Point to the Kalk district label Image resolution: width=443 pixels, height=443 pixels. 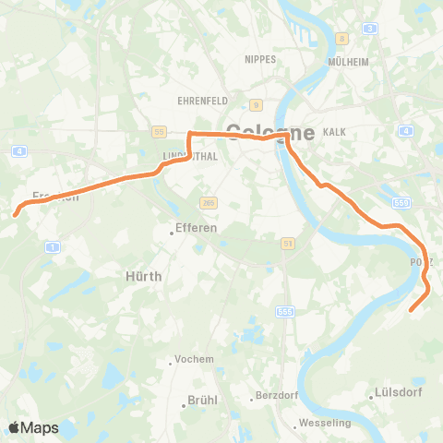pos(334,132)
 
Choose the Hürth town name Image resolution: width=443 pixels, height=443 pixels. pos(143,276)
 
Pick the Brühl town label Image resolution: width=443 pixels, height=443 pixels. pos(201,401)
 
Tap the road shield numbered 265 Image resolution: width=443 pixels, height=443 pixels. pos(207,201)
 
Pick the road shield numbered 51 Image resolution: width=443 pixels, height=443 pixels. pos(289,243)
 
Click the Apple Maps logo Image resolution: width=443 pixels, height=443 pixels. pos(33,427)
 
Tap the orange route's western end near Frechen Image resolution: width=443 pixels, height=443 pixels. pos(14,214)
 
